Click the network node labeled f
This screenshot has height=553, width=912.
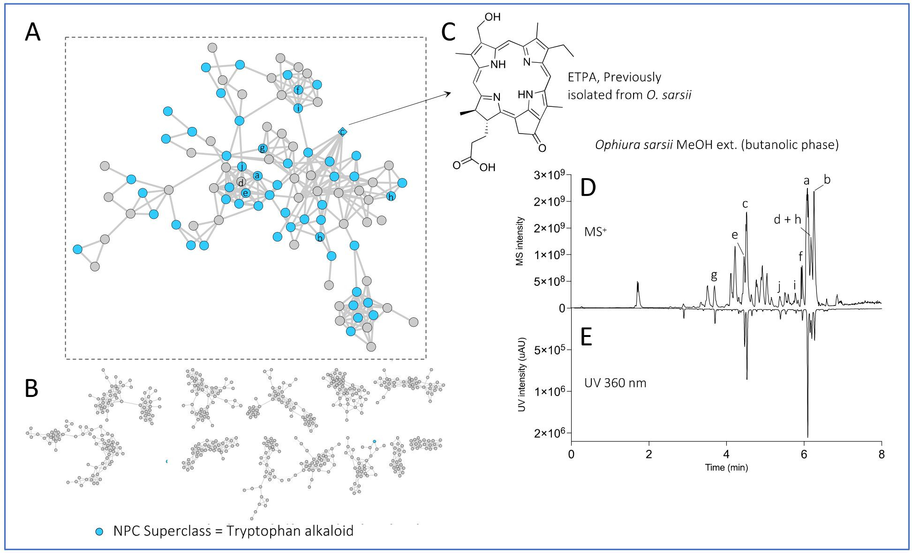coord(298,90)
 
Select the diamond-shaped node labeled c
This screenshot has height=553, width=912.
coord(342,132)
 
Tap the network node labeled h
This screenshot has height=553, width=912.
coord(391,197)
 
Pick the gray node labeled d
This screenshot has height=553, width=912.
coord(241,182)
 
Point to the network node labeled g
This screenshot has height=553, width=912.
coord(263,149)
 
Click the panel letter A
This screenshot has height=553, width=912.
coord(33,32)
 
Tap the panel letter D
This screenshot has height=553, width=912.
coord(588,188)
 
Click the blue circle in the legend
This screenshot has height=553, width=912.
coord(99,531)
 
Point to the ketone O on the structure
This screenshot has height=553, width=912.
coord(542,148)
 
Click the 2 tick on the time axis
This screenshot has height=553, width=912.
coord(648,455)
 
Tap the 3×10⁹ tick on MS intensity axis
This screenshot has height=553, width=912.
coord(550,175)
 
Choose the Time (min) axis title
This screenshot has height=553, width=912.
coord(726,467)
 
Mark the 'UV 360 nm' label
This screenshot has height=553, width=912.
coord(615,383)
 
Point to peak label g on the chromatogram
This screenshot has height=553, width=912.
coord(714,275)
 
